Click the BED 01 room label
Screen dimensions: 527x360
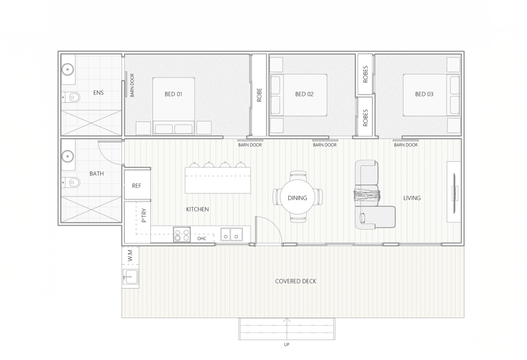tap(174, 94)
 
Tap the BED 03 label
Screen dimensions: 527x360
tap(424, 94)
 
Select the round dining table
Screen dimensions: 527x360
tap(297, 197)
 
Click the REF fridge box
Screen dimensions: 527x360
tap(137, 185)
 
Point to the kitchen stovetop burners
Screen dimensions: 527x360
tap(182, 235)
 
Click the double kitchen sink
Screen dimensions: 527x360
tap(231, 235)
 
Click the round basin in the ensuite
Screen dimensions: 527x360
tap(68, 70)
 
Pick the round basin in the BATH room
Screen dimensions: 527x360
tap(68, 156)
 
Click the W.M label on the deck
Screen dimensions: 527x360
tap(131, 255)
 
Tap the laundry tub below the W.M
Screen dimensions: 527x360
tap(130, 277)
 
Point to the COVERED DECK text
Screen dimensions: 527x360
tap(296, 281)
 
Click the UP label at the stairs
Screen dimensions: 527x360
tap(287, 344)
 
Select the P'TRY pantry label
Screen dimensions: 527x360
tap(144, 215)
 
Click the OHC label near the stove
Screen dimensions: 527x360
tap(202, 239)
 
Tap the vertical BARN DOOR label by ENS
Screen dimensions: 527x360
tap(132, 85)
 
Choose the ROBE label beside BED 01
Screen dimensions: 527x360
tap(259, 95)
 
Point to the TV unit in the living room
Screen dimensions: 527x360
tap(454, 192)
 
